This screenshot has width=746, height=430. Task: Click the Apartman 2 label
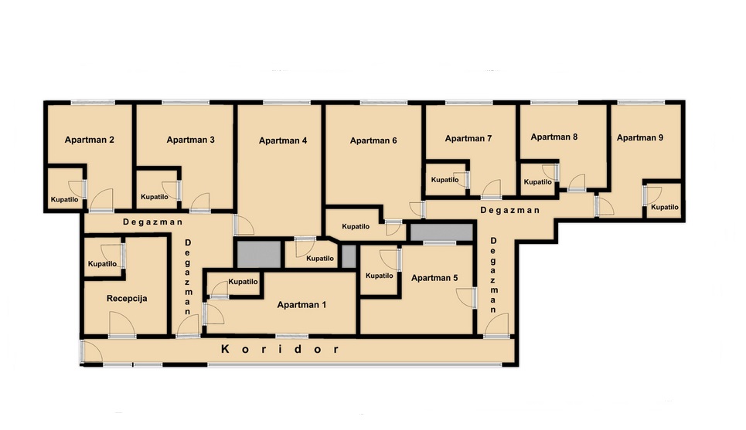point(90,140)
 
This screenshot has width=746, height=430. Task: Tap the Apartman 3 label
point(190,140)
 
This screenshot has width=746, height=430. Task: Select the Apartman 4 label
point(283,141)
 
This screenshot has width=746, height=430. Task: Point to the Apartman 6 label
point(373,141)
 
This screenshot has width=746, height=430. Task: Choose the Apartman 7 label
point(468,138)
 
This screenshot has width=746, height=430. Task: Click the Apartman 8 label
point(554,137)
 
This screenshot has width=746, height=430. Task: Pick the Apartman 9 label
point(640,137)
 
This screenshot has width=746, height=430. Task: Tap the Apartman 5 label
point(434,278)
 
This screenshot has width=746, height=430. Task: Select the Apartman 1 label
point(301,305)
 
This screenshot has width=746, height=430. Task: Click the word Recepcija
point(127,299)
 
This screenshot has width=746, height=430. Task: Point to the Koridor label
point(280,349)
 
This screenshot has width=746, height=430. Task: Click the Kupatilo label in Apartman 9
point(665,207)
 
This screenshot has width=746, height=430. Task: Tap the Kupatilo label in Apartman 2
point(65,199)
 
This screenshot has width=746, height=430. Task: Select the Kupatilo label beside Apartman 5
point(380,276)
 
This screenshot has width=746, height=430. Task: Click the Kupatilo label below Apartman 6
point(356,227)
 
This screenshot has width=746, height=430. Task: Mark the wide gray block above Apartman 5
point(441,233)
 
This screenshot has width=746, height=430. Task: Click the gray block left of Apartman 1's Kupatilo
point(259,255)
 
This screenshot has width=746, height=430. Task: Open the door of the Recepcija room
point(122,324)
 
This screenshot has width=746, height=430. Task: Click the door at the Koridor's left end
point(91,352)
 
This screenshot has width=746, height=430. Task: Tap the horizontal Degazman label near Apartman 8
point(509,210)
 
